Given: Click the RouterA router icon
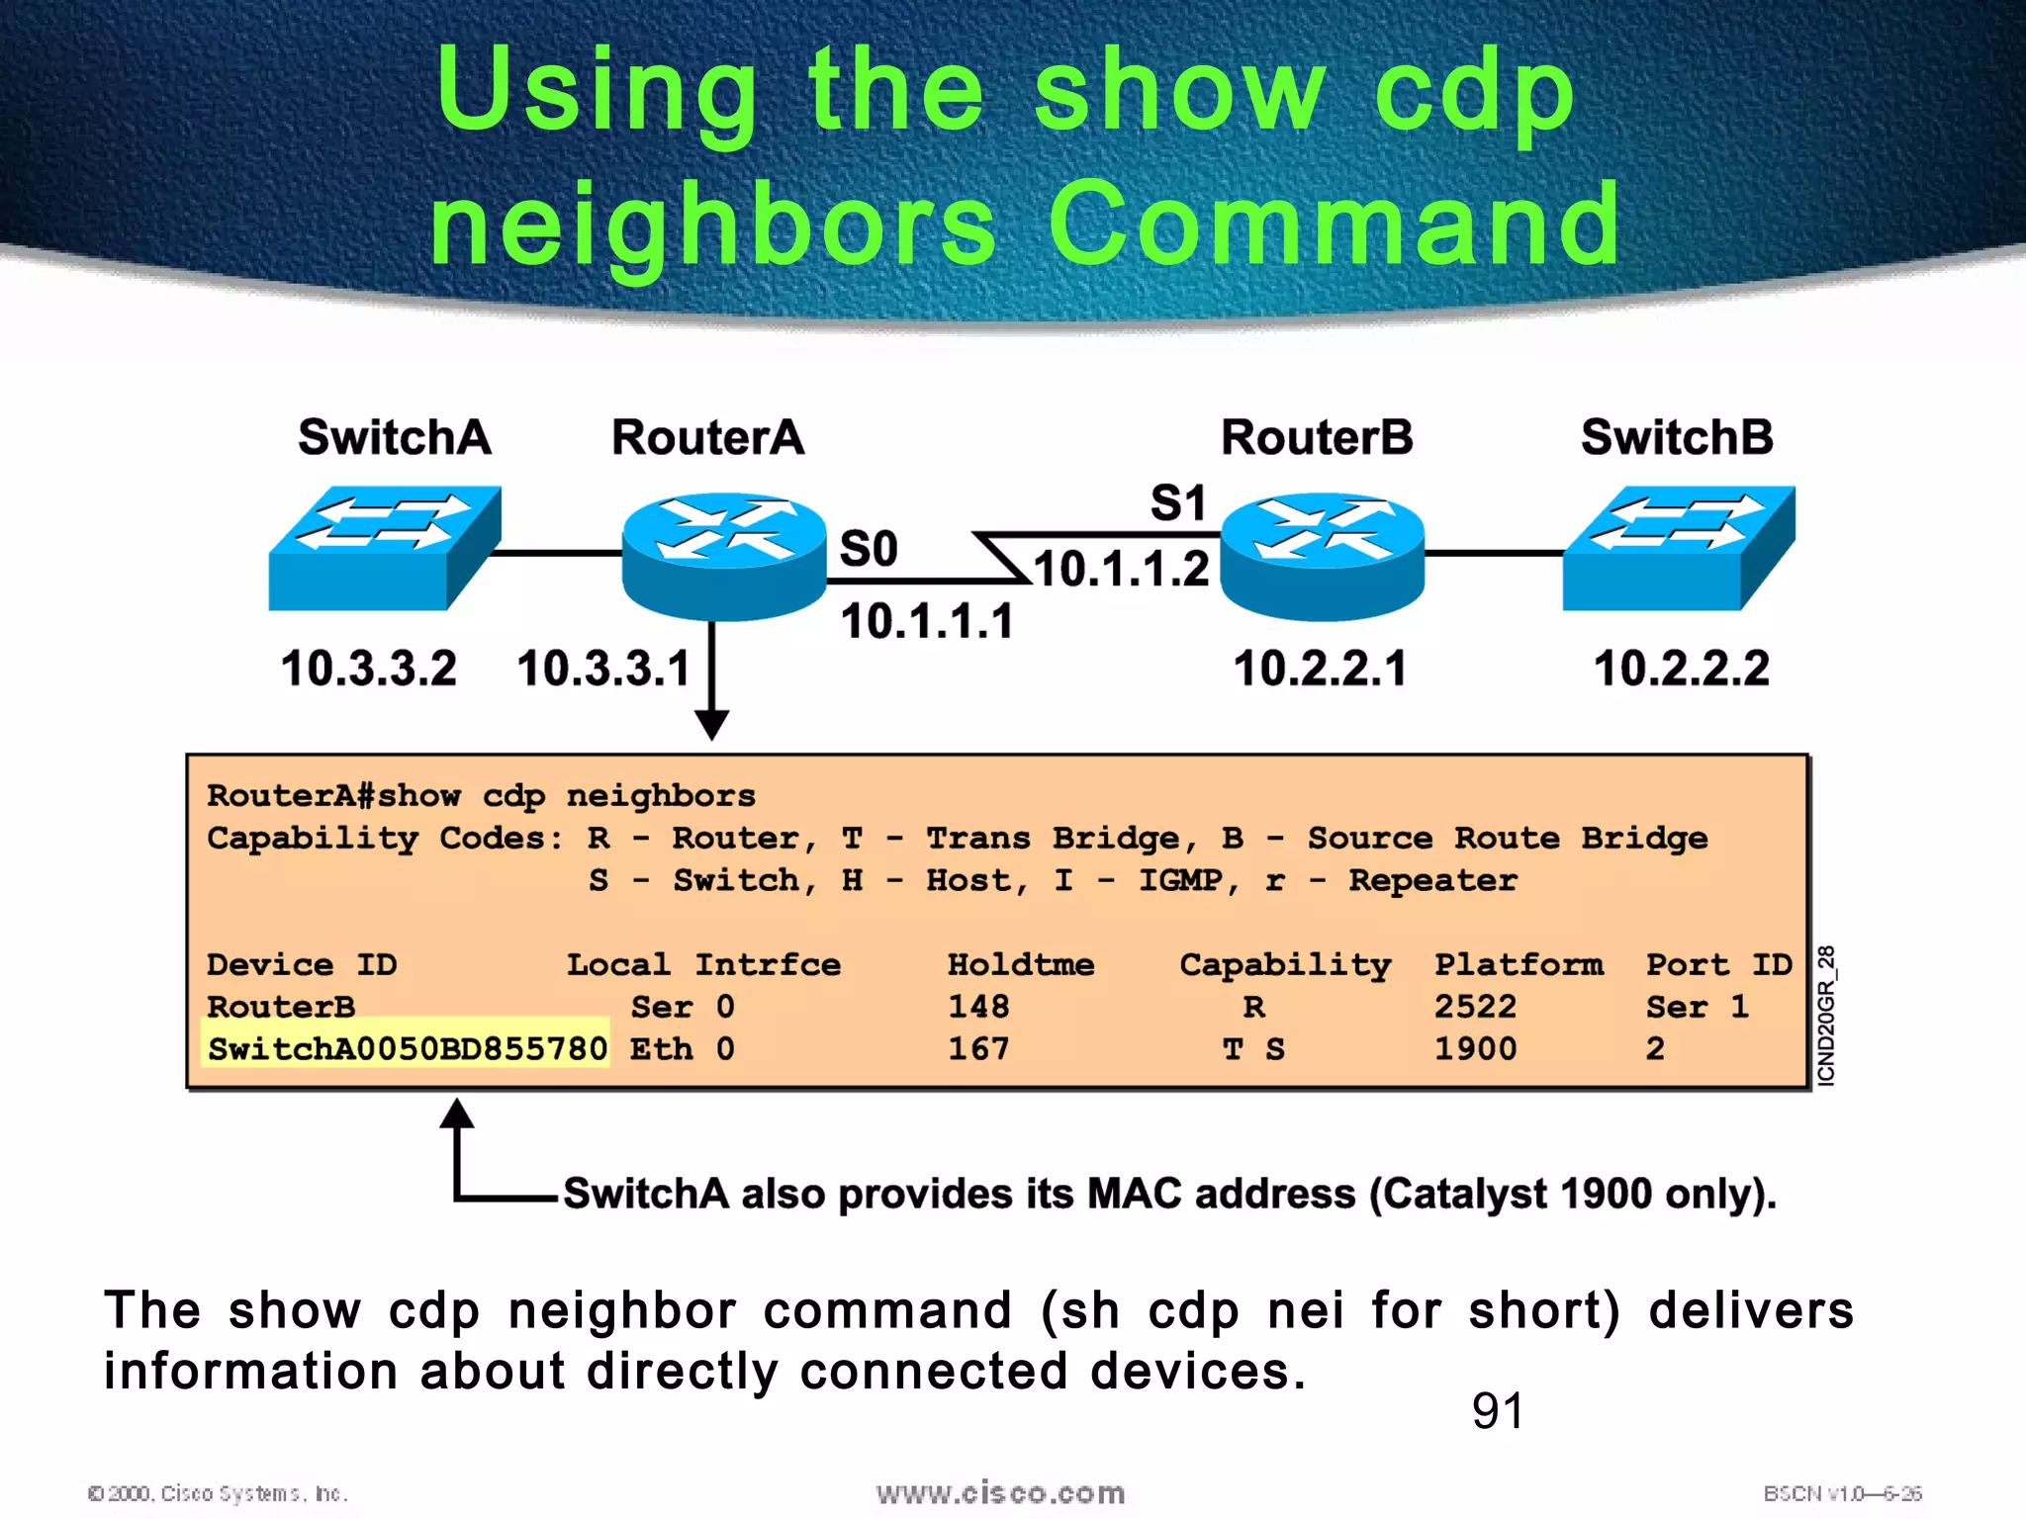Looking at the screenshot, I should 724,556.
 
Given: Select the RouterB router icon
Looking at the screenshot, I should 1323,556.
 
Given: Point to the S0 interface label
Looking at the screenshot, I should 869,549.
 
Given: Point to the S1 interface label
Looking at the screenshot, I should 1178,503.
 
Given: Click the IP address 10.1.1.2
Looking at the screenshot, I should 1121,570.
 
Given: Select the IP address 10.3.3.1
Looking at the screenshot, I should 603,669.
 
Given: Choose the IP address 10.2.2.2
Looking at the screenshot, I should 1681,669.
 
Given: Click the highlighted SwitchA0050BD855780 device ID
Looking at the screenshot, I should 407,1049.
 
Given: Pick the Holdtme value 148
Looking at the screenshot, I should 978,1007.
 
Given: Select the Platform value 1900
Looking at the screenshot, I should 1475,1049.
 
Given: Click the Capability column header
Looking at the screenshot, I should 1285,965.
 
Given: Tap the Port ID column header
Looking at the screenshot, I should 1718,965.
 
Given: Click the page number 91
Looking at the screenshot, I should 1498,1410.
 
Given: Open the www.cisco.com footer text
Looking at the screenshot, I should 1000,1493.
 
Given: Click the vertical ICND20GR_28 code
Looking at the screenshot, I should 1826,1016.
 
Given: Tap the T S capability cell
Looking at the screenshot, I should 1253,1049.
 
